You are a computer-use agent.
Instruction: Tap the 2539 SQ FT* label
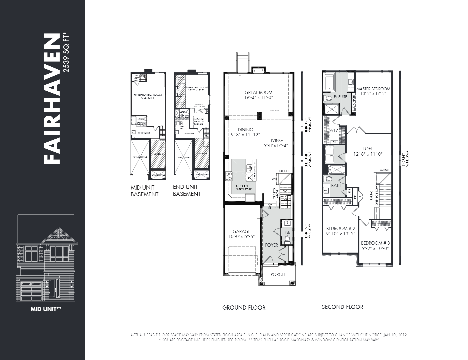pyautogui.click(x=66, y=52)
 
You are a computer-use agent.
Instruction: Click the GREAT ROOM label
pyautogui.click(x=258, y=92)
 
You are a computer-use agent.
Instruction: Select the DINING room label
pyautogui.click(x=245, y=130)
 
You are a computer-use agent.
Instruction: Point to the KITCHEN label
pyautogui.click(x=242, y=186)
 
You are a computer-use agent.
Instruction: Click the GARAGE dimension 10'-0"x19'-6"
pyautogui.click(x=241, y=236)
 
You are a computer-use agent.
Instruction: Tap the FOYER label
pyautogui.click(x=271, y=245)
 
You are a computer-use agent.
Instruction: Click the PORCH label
pyautogui.click(x=277, y=274)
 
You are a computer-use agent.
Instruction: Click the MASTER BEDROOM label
pyautogui.click(x=373, y=89)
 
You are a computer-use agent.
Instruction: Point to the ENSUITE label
pyautogui.click(x=340, y=97)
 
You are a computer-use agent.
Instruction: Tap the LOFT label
pyautogui.click(x=368, y=149)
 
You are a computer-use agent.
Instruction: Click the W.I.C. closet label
pyautogui.click(x=334, y=130)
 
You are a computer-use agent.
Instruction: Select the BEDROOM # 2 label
pyautogui.click(x=340, y=228)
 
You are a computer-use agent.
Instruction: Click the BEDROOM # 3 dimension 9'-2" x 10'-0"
pyautogui.click(x=375, y=248)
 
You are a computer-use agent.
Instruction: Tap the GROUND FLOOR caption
pyautogui.click(x=244, y=308)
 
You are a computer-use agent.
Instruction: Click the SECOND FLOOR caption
pyautogui.click(x=342, y=307)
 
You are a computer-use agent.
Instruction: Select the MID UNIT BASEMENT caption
pyautogui.click(x=144, y=191)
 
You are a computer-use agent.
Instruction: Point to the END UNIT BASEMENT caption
pyautogui.click(x=187, y=190)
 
